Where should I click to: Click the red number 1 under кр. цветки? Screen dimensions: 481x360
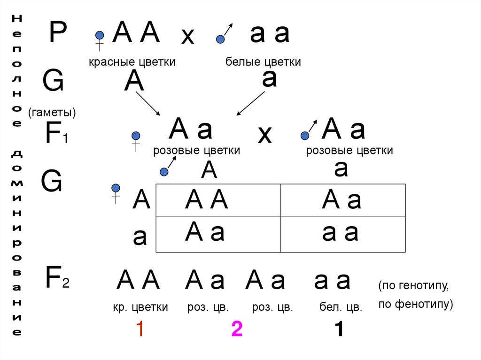click(139, 330)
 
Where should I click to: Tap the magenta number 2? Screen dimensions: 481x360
click(236, 330)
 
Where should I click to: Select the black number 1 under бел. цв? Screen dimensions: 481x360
click(338, 330)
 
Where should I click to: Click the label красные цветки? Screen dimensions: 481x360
click(132, 62)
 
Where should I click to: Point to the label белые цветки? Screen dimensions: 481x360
click(263, 62)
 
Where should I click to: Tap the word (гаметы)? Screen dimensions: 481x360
click(52, 113)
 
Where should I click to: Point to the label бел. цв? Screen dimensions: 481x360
click(341, 308)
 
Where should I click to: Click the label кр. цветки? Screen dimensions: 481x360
click(140, 308)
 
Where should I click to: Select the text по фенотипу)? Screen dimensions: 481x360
click(415, 304)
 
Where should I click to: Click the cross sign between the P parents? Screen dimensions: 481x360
click(188, 37)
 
